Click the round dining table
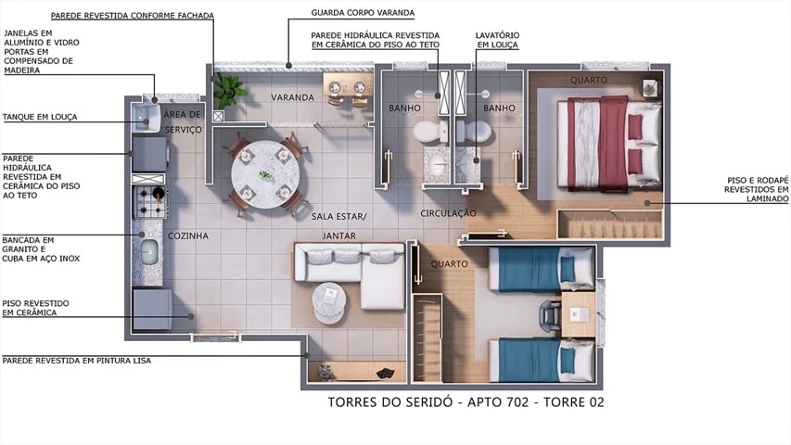(267, 173)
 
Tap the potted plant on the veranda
(227, 90)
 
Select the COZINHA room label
(188, 236)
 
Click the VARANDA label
(290, 97)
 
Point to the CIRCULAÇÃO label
(448, 213)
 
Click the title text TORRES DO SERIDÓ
(389, 403)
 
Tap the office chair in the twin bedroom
(550, 315)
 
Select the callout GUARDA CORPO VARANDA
(363, 14)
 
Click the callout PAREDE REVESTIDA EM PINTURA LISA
(76, 360)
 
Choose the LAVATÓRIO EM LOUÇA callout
(497, 39)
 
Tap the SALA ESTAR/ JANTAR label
(339, 224)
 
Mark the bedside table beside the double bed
(652, 88)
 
